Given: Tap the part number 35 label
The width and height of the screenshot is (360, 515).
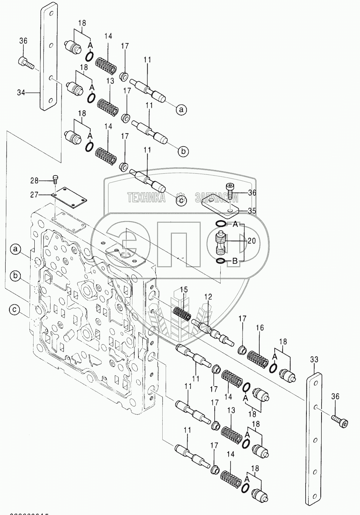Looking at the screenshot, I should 252,211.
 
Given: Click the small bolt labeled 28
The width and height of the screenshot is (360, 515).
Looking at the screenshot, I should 56,179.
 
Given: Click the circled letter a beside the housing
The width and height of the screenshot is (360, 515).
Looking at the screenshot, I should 15,249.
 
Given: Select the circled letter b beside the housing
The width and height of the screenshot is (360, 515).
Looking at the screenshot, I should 15,276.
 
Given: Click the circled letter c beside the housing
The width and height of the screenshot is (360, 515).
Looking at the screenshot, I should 14,310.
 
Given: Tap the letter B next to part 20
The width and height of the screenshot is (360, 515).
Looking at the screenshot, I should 234,261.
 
